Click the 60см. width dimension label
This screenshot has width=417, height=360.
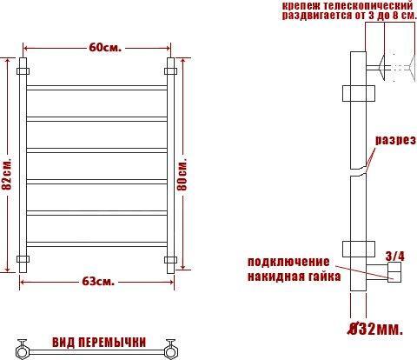point(105,48)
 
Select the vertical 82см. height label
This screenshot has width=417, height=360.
point(6,174)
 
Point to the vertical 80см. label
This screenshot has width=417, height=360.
point(182,174)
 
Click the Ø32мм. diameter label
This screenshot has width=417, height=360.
point(375,329)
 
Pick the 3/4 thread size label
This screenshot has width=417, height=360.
point(395,257)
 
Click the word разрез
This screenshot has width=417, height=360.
point(396,140)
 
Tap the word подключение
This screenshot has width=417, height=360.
point(288,262)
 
